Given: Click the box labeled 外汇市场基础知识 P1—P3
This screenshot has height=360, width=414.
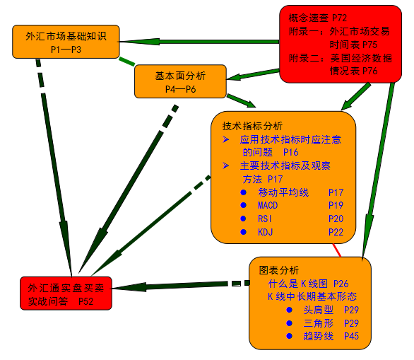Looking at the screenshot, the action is click(66, 42).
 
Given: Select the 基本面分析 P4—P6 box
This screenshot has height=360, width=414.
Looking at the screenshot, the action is click(181, 81).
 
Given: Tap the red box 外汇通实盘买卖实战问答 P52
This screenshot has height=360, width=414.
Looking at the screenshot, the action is click(66, 294).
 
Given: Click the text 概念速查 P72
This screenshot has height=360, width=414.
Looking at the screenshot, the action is click(318, 18).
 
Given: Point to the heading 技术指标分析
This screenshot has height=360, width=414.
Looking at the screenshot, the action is click(252, 126).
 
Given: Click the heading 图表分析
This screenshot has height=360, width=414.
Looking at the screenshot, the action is click(279, 270).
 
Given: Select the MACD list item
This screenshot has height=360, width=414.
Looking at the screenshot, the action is click(268, 205).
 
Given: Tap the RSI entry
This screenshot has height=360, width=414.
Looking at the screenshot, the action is click(264, 219).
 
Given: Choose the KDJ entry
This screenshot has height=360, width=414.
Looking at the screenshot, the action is click(265, 232).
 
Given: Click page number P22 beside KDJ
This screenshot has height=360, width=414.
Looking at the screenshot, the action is click(336, 232).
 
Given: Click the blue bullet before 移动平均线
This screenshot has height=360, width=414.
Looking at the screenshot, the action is click(244, 192).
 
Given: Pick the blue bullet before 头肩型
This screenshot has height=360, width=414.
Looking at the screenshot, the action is click(290, 310).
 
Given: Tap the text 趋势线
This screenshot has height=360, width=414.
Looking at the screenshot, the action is click(319, 336).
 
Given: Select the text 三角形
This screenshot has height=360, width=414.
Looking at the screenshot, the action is click(319, 323).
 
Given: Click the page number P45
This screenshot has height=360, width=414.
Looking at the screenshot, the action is click(351, 336).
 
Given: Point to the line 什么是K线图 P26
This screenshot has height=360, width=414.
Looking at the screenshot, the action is click(308, 284).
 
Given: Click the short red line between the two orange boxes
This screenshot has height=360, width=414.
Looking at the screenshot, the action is click(336, 250).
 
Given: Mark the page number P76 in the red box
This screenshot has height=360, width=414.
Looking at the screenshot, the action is click(370, 71).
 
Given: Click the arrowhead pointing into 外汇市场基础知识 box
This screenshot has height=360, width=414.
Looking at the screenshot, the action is click(140, 42).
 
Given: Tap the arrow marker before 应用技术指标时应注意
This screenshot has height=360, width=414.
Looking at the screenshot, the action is click(226, 139).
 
